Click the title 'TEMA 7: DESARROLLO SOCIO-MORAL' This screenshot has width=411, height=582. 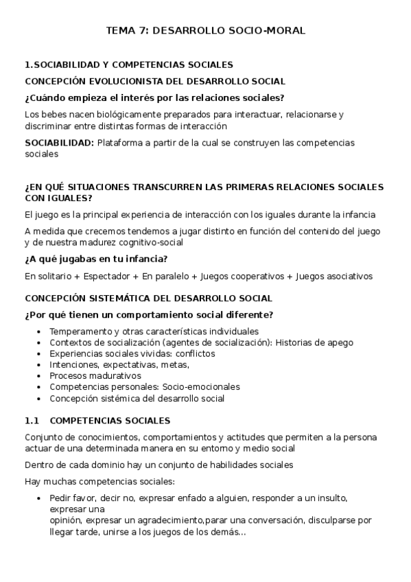coord(205,31)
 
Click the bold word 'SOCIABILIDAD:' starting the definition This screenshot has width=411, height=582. coord(59,143)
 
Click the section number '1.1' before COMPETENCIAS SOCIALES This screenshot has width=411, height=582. coord(33,420)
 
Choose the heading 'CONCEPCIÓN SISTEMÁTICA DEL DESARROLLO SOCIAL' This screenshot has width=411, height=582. coord(148,299)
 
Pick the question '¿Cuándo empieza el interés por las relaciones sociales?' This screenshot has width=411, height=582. coord(154,97)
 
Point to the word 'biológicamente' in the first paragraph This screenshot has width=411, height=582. coord(112,115)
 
